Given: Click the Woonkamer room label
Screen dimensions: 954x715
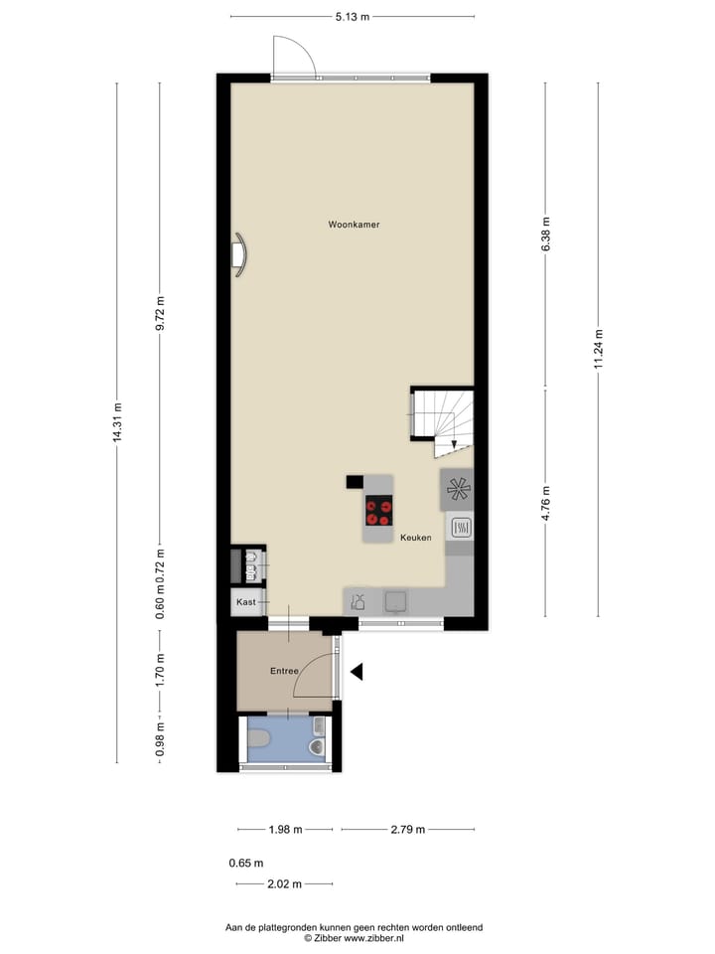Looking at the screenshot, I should pyautogui.click(x=354, y=225).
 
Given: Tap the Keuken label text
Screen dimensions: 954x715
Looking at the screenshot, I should pyautogui.click(x=415, y=538).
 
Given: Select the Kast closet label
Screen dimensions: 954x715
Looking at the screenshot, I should pyautogui.click(x=245, y=602).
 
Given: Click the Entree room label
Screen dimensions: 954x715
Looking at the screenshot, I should pyautogui.click(x=284, y=672).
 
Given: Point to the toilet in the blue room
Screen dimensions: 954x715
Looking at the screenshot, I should pyautogui.click(x=259, y=739).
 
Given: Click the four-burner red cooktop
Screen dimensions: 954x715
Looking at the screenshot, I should pyautogui.click(x=378, y=511).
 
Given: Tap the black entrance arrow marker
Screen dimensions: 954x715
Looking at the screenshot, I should pyautogui.click(x=357, y=673).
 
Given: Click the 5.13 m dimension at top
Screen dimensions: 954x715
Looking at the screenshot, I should pyautogui.click(x=352, y=17).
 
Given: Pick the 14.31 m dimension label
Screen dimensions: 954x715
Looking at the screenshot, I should pyautogui.click(x=117, y=421).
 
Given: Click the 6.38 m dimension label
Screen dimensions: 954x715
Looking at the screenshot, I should pyautogui.click(x=545, y=235).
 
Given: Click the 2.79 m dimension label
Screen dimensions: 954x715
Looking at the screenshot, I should pyautogui.click(x=407, y=830).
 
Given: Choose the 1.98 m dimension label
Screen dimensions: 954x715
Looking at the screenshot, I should pyautogui.click(x=285, y=830).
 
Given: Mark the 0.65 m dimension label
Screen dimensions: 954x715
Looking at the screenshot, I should pyautogui.click(x=245, y=864).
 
